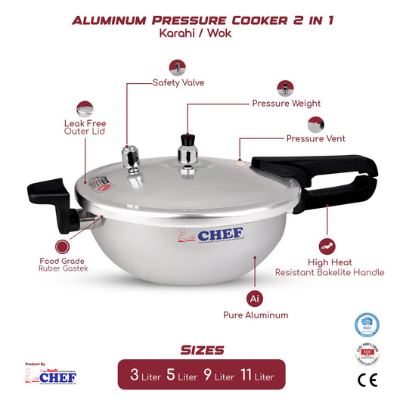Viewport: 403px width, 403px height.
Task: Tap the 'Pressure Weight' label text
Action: coord(286,104)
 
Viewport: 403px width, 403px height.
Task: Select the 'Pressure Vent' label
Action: coord(315,139)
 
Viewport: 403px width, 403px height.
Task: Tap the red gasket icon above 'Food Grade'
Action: coord(63,247)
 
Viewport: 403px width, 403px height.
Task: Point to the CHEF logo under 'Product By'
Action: coord(46,375)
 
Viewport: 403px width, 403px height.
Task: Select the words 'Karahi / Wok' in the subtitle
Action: coord(201,35)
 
